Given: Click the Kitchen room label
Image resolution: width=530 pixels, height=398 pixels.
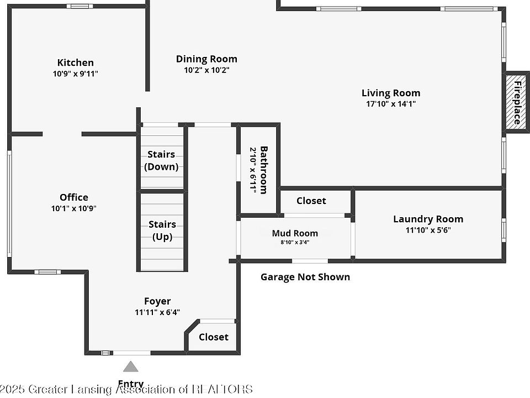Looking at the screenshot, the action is [76, 62].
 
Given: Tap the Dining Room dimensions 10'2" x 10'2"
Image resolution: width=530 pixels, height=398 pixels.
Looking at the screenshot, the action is [206, 70].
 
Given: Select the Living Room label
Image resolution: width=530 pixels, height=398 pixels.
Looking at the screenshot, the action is [391, 93].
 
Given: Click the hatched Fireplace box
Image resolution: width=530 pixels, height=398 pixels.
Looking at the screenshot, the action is [516, 102].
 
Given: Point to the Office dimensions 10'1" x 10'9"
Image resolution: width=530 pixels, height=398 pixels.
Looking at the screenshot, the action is [73, 208].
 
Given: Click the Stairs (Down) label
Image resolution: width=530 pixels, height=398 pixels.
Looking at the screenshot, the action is [161, 160].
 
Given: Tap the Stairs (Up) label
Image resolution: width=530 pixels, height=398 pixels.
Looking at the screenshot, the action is [162, 231].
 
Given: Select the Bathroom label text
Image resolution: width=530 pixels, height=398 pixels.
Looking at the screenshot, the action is [263, 170].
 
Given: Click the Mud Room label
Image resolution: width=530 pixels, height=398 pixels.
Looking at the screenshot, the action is [295, 233].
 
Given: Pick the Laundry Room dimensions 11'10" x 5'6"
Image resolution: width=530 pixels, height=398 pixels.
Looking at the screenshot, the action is [428, 230].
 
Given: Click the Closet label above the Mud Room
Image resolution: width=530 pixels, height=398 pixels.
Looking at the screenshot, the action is [311, 201].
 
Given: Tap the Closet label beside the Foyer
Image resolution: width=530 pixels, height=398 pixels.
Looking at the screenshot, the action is [213, 337].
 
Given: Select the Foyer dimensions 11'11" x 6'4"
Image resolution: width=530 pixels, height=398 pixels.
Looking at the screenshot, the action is [157, 312].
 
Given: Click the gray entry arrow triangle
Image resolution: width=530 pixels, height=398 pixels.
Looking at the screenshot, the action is [130, 366].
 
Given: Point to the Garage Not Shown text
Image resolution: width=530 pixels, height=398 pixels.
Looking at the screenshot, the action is [305, 277].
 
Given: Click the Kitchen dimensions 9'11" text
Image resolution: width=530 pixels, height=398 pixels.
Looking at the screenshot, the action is [89, 74].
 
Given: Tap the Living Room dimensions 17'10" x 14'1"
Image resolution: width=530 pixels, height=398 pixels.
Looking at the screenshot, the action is [391, 104].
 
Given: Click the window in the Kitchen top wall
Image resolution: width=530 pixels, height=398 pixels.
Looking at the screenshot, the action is [79, 6].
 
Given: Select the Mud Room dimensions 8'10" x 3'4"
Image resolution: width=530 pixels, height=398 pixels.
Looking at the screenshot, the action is [295, 242].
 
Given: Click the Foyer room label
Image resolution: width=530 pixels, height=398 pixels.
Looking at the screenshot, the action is [157, 301].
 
